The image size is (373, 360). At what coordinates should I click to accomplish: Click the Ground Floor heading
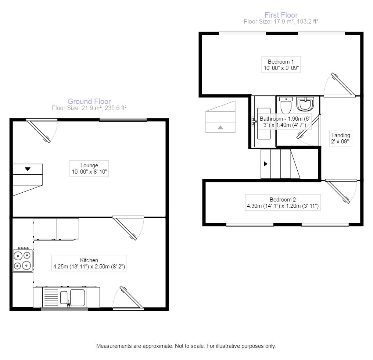pyautogui.click(x=89, y=101)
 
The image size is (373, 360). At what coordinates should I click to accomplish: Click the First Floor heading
pyautogui.click(x=281, y=15)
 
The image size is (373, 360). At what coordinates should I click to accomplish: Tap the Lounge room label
pyautogui.click(x=89, y=165)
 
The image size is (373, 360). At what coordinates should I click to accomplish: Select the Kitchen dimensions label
pyautogui.click(x=89, y=267)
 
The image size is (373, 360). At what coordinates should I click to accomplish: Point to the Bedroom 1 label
pyautogui.click(x=281, y=62)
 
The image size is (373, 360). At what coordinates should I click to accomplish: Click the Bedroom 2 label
pyautogui.click(x=283, y=200)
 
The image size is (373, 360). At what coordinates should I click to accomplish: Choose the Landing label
pyautogui.click(x=341, y=135)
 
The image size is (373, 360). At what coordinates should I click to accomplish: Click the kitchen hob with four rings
pyautogui.click(x=22, y=259)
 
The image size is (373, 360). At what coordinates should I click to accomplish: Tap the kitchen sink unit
pyautogui.click(x=64, y=297)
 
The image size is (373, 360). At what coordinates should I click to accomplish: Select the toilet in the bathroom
pyautogui.click(x=286, y=105)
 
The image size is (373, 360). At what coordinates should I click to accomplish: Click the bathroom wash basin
pyautogui.click(x=305, y=104)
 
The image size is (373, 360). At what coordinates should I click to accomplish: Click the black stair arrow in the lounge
pyautogui.click(x=28, y=169)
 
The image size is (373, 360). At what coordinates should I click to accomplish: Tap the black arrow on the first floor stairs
pyautogui.click(x=265, y=164)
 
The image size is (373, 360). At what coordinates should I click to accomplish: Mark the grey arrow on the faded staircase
pyautogui.click(x=220, y=127)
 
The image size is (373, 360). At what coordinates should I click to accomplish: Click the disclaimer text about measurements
pyautogui.click(x=186, y=346)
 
